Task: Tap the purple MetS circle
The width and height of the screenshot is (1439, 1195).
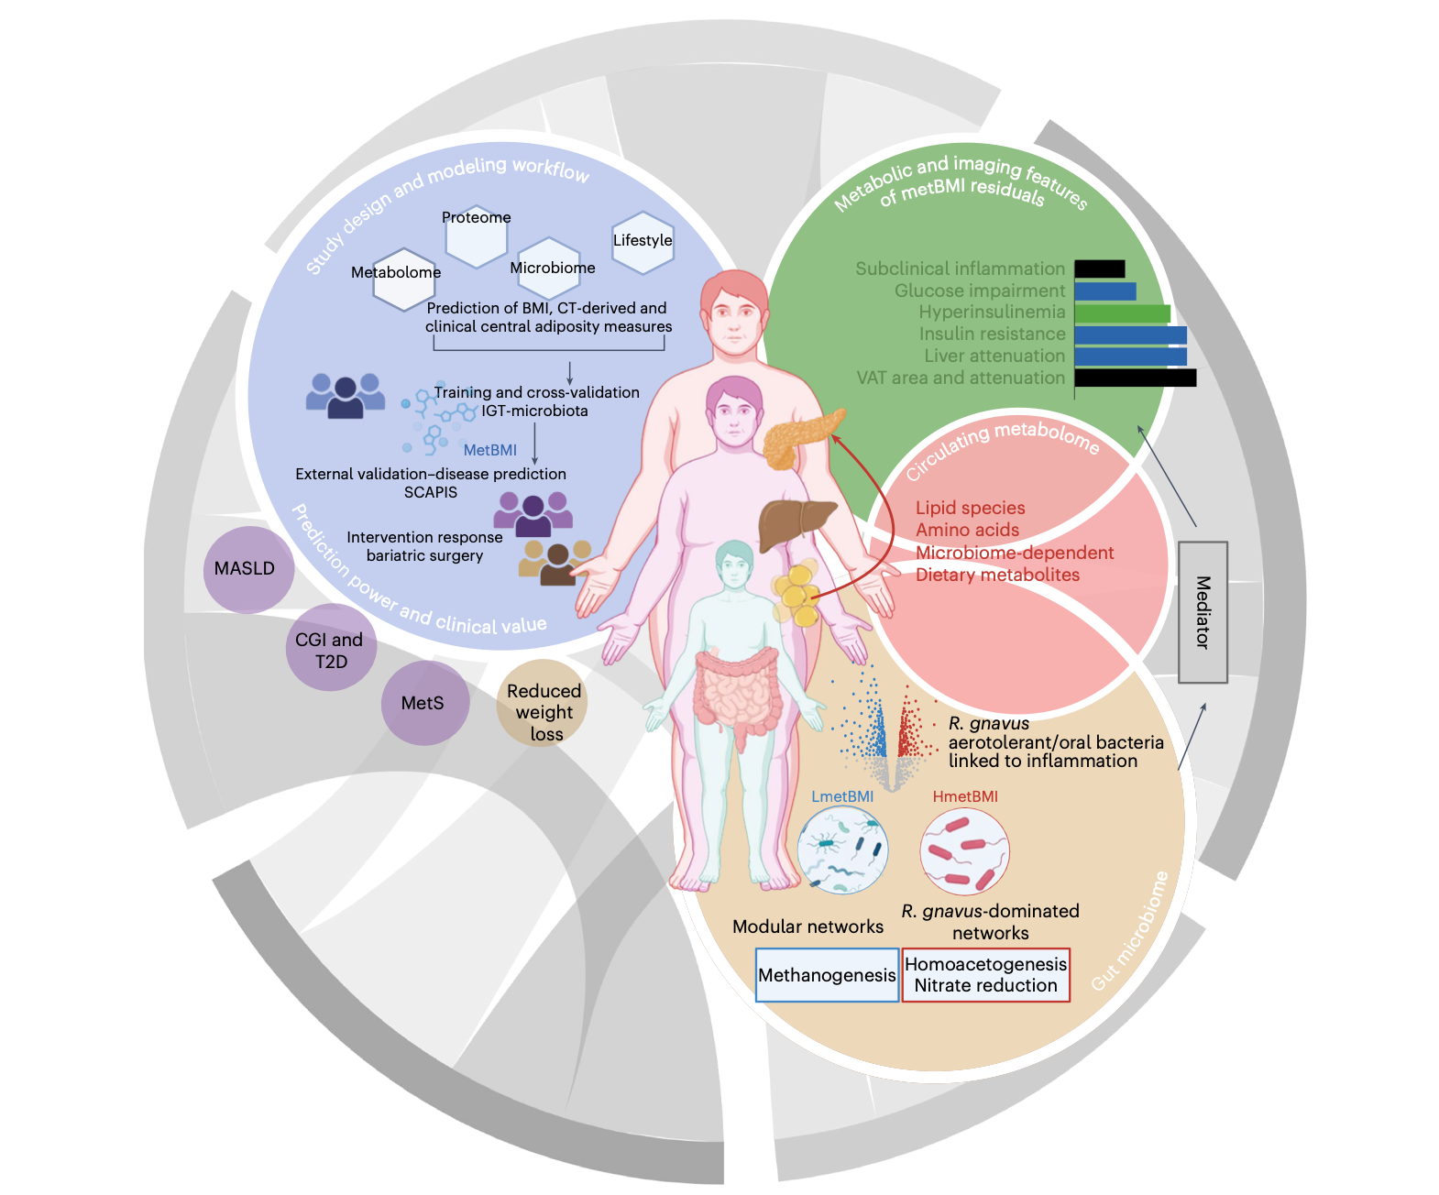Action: tap(424, 703)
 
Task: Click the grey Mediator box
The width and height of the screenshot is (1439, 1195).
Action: tap(1203, 612)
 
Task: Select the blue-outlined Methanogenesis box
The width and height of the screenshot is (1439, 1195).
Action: tap(827, 975)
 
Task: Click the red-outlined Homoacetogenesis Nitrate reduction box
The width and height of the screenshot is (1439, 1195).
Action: tap(985, 975)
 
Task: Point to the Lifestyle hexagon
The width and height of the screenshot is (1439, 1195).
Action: tap(643, 243)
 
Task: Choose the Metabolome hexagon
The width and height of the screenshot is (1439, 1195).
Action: tap(403, 280)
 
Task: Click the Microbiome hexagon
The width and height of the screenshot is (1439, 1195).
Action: tap(549, 269)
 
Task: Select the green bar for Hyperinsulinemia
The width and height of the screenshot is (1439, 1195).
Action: tap(1122, 313)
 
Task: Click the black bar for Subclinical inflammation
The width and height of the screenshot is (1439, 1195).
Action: tap(1100, 269)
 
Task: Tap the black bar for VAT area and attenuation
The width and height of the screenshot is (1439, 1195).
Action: tap(1136, 378)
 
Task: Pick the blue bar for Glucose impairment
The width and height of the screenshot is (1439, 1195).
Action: tap(1105, 291)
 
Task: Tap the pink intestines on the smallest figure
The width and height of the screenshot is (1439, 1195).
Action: tap(736, 691)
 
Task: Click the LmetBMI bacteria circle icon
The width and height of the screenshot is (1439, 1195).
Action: tap(842, 850)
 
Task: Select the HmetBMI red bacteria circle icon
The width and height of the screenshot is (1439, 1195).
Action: tap(964, 851)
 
